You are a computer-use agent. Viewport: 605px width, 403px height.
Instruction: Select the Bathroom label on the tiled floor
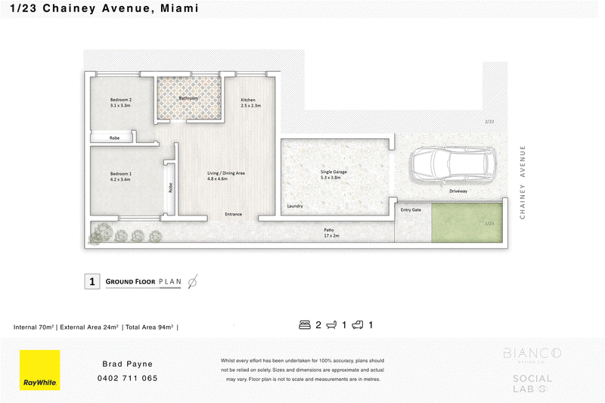coord(188,98)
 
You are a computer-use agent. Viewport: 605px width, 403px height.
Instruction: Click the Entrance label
coord(234,214)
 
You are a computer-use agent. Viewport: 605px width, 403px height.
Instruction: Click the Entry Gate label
coord(411,209)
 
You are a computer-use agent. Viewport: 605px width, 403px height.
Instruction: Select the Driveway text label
coord(458,191)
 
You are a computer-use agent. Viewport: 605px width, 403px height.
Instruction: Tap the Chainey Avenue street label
coord(522,182)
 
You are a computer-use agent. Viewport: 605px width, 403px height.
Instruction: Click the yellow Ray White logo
coord(39,370)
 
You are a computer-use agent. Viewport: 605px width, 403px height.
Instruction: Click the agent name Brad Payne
coord(129,364)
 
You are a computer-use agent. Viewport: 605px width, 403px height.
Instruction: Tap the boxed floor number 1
coord(92,282)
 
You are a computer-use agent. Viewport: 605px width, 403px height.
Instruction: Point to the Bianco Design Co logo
coord(532,355)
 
